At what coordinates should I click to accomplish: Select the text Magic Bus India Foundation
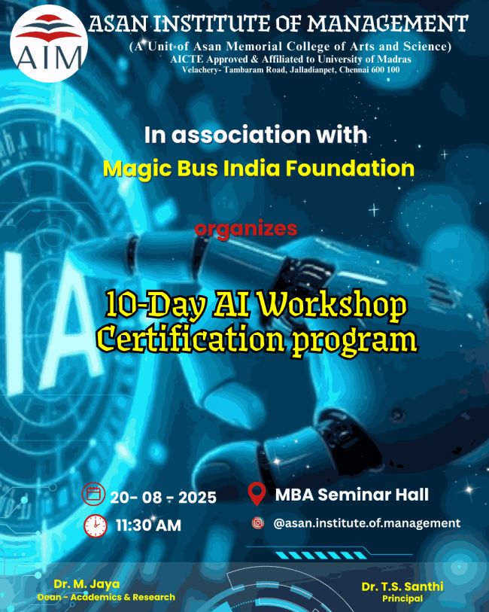[258, 168]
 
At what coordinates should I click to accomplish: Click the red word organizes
[246, 228]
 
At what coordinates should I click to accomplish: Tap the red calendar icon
[94, 495]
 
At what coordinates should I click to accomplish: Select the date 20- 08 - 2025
[163, 498]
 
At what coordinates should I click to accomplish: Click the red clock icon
[95, 525]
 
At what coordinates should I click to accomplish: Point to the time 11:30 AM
[148, 525]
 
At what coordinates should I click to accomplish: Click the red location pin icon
[257, 495]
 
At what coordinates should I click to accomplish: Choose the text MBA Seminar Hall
[352, 495]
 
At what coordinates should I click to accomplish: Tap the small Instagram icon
[258, 522]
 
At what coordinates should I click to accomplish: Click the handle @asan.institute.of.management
[366, 522]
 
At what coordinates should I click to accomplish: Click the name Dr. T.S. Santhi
[401, 586]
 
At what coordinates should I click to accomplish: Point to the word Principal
[402, 599]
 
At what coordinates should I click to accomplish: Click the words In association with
[256, 135]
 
